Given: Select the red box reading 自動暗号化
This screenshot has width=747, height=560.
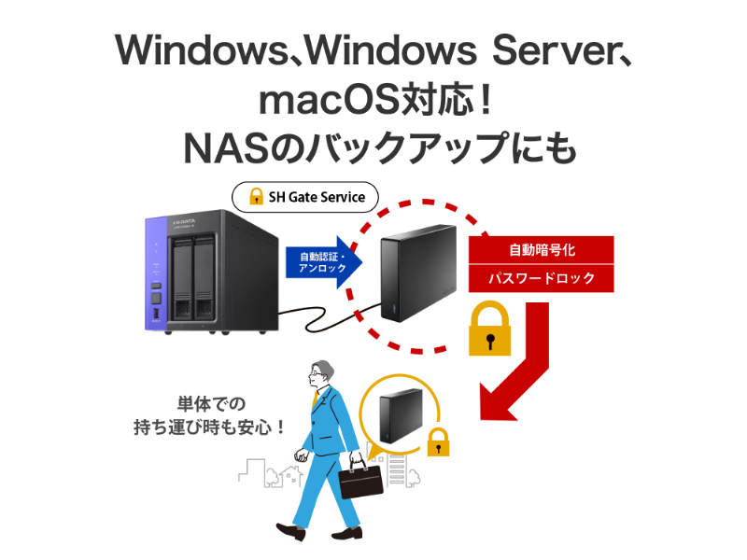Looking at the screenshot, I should click(x=541, y=250).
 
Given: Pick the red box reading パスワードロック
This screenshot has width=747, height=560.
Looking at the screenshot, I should click(x=541, y=278).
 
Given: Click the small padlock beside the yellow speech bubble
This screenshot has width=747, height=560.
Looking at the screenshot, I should click(x=438, y=442).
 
